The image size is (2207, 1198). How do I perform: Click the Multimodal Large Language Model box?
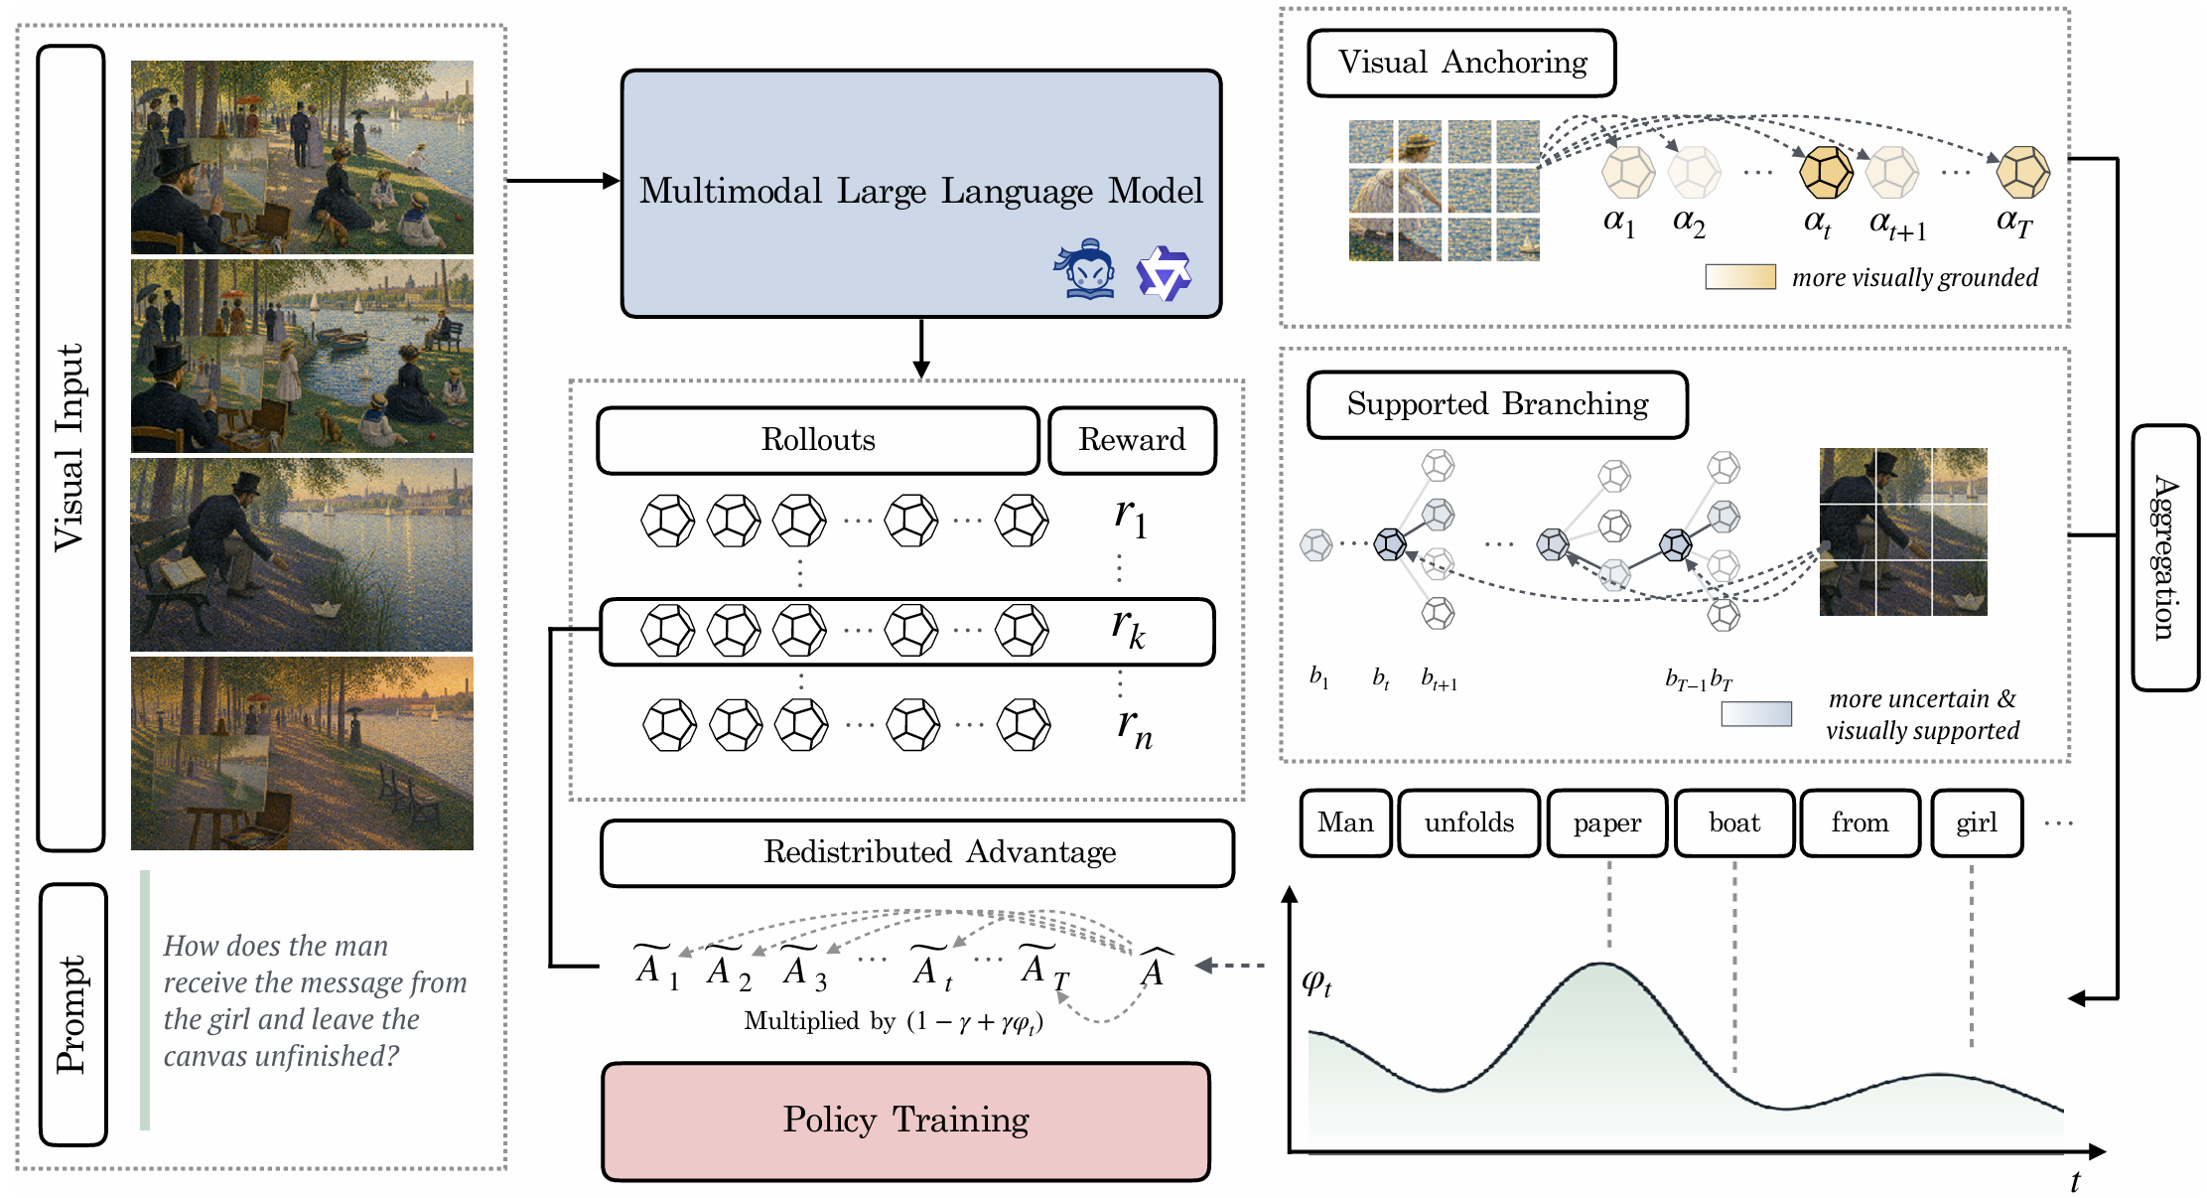(x=920, y=194)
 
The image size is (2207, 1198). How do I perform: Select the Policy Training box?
(x=905, y=1121)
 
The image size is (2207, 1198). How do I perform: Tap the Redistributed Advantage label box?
(x=916, y=852)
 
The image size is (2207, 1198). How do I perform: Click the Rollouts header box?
(x=818, y=440)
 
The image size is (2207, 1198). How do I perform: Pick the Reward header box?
(x=1132, y=440)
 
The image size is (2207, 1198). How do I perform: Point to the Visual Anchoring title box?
(x=1461, y=63)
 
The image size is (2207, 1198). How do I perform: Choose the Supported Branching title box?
(x=1497, y=404)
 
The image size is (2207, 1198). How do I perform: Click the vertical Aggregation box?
(x=2165, y=557)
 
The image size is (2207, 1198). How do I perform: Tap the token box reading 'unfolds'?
(x=1469, y=823)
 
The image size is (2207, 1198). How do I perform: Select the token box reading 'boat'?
(x=1734, y=823)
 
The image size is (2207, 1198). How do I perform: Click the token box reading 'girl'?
(x=1977, y=823)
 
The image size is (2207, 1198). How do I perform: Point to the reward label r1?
(x=1131, y=517)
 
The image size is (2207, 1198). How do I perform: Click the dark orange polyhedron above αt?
(x=1826, y=172)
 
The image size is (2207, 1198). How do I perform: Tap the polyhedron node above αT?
(x=2022, y=172)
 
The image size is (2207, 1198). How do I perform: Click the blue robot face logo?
(x=1085, y=268)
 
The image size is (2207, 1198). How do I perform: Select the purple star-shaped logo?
(x=1164, y=273)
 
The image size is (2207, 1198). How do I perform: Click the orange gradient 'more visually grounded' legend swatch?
(x=1740, y=276)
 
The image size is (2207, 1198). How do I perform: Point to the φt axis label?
(x=1316, y=983)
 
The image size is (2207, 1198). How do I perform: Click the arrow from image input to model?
(x=563, y=181)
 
